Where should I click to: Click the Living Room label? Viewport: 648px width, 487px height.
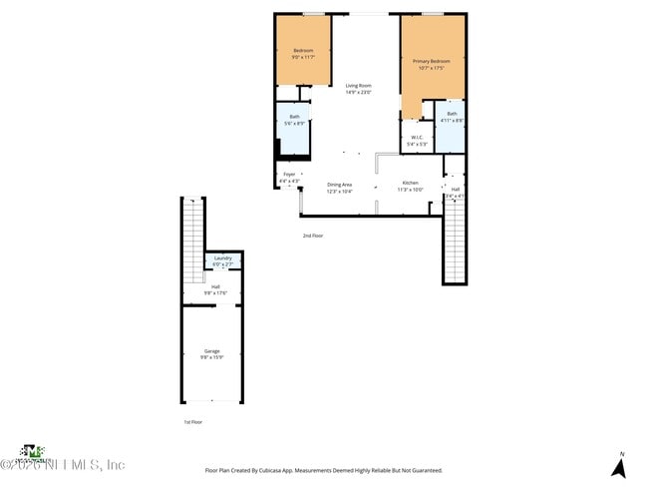pos(358,85)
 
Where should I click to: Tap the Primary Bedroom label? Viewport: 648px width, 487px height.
pos(433,61)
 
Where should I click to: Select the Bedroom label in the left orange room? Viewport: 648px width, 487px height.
pos(303,51)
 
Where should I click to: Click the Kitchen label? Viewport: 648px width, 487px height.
pos(411,183)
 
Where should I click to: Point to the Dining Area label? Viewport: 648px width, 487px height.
pos(339,184)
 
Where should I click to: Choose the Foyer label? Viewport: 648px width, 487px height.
pos(289,175)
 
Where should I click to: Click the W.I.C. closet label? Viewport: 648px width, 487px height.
pos(417,138)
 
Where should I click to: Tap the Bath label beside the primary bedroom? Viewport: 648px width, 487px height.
pos(452,114)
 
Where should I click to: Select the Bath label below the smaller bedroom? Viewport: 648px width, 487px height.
pos(294,116)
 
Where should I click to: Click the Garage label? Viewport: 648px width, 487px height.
pos(211,351)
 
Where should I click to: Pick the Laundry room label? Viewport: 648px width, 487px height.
pos(223,258)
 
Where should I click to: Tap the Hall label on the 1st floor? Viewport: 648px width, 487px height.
pos(215,286)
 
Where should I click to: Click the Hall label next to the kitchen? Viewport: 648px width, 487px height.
pos(455,189)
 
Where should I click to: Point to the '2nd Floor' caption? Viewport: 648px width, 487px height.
pos(313,236)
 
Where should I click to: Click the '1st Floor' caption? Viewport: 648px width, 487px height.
pos(193,422)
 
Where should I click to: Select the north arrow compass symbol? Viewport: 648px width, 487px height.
pos(619,466)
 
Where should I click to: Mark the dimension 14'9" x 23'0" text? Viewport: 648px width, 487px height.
pos(358,92)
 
